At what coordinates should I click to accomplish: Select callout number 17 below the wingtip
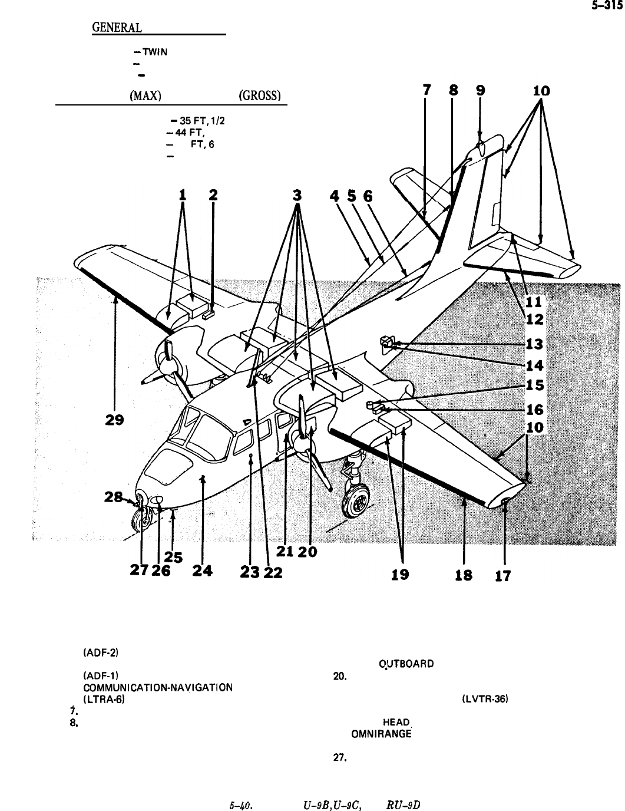pos(503,576)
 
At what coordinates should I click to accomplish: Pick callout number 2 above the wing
pos(213,195)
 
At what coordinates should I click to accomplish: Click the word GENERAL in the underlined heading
pos(117,28)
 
